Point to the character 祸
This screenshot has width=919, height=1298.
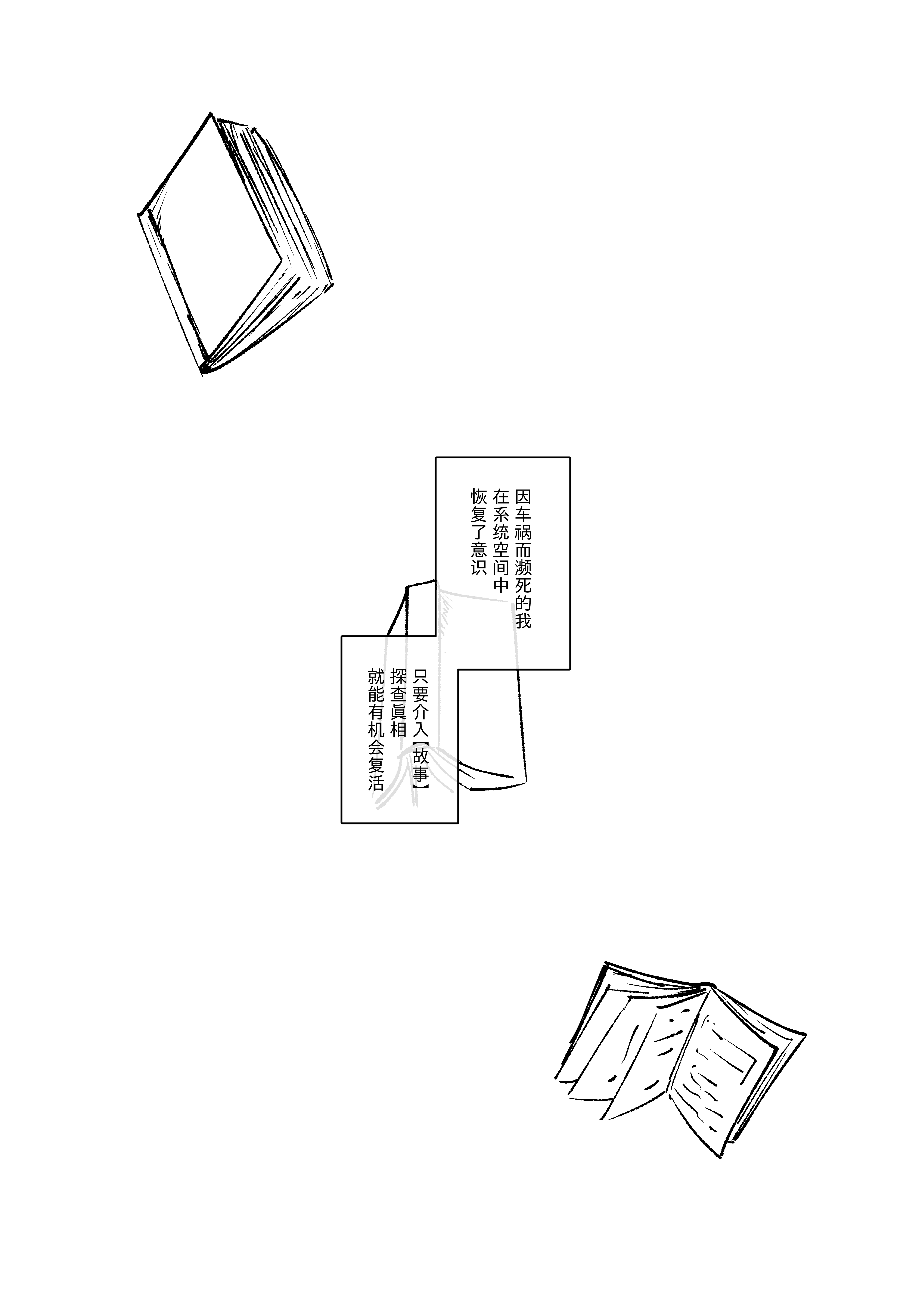pyautogui.click(x=523, y=532)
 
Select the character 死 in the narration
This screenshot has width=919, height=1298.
pyautogui.click(x=523, y=585)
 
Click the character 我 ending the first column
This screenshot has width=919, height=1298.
pyautogui.click(x=523, y=620)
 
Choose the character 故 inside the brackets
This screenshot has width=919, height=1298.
pyautogui.click(x=421, y=756)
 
